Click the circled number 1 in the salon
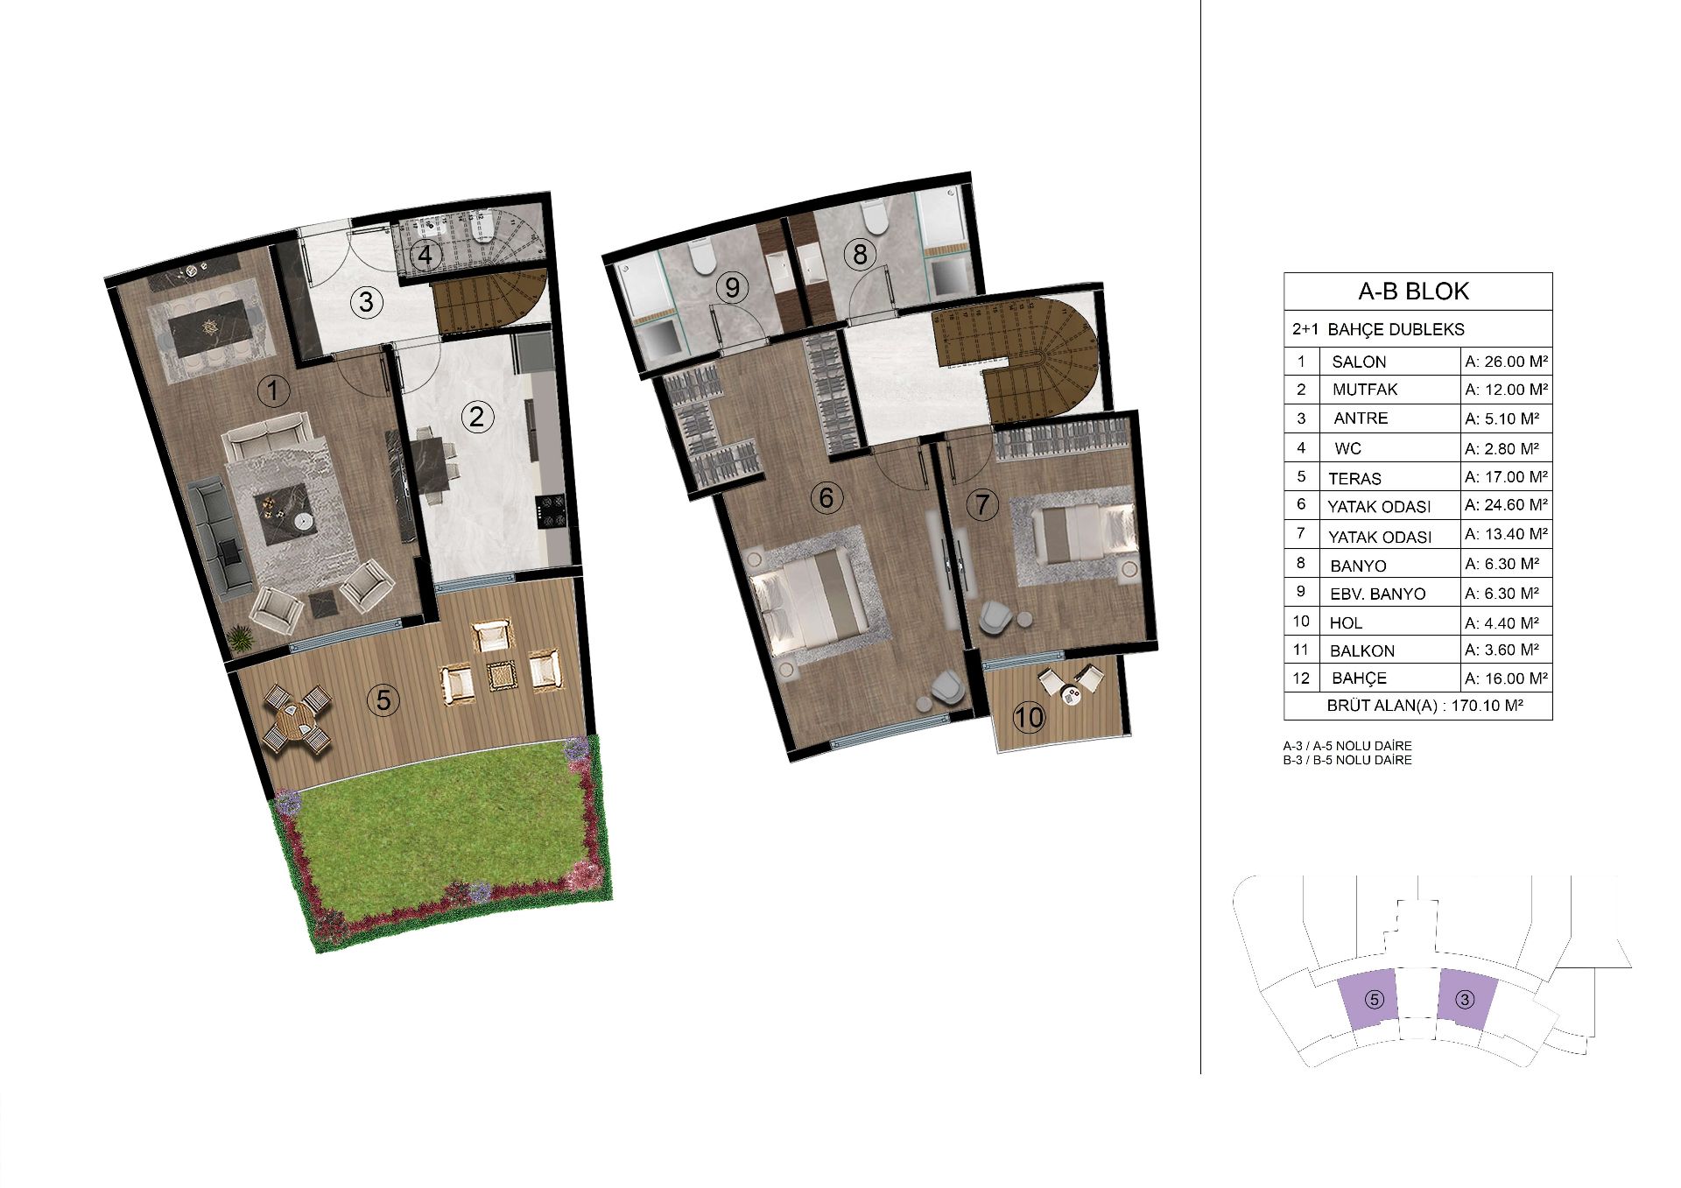274,391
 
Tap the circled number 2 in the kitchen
476,417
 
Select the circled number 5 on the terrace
383,699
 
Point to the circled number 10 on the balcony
1029,718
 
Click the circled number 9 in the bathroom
733,286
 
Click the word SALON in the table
1359,362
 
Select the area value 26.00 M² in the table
1507,361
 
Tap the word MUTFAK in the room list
1365,390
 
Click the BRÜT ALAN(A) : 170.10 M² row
1418,706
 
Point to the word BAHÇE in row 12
1359,678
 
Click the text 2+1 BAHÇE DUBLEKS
1378,330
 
